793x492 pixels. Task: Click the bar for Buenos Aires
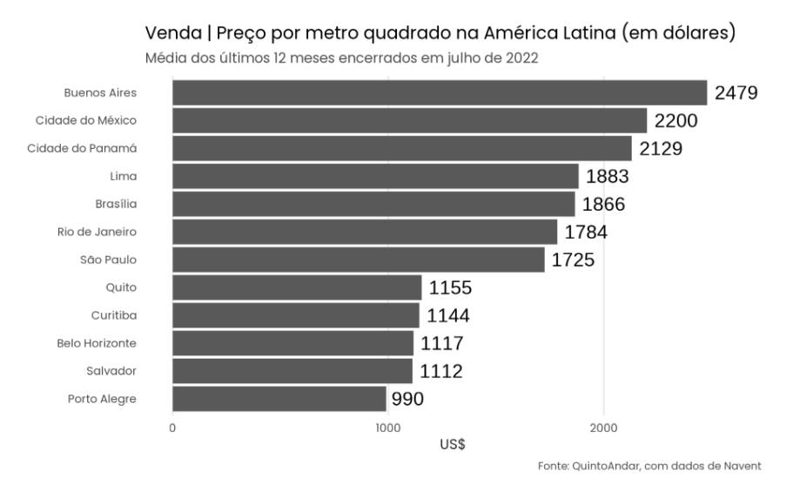point(440,92)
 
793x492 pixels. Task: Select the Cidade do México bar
point(409,120)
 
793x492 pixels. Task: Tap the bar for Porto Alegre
point(279,399)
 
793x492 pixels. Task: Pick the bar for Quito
point(297,287)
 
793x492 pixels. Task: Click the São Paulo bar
point(359,259)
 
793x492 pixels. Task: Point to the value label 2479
point(736,93)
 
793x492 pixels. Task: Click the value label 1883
point(608,177)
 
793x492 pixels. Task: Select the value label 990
point(409,400)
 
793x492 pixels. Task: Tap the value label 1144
point(448,316)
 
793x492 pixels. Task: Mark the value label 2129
point(661,149)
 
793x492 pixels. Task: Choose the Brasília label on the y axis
point(116,204)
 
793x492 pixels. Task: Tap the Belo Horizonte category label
point(97,343)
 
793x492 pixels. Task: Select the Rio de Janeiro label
point(97,232)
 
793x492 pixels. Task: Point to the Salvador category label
point(111,371)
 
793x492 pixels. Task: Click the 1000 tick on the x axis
point(387,428)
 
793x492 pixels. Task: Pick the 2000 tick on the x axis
point(603,428)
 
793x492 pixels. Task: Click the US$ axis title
point(453,444)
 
